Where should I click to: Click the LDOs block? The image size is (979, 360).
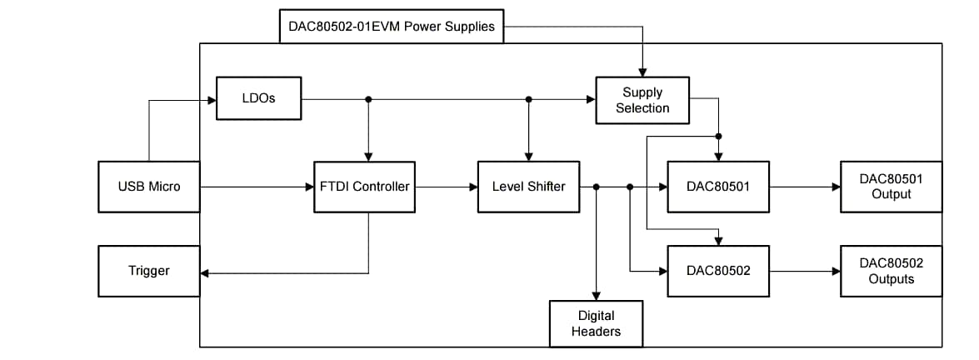258,98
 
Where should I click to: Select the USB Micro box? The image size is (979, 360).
149,187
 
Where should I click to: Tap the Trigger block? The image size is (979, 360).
149,271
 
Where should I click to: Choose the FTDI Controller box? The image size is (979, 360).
364,187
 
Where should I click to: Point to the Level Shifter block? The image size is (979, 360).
528,187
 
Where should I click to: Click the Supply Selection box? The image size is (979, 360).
642,100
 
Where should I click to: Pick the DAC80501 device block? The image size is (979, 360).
718,187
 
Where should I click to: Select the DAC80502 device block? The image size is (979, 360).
718,271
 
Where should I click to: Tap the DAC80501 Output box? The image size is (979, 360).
891,187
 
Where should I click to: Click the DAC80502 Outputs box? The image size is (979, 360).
891,271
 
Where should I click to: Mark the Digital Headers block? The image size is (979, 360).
596,323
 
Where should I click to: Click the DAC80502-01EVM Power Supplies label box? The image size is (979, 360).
391,27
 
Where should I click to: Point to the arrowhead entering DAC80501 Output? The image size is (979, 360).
836,187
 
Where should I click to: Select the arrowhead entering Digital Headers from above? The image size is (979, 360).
596,295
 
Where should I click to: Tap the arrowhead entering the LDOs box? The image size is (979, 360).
211,99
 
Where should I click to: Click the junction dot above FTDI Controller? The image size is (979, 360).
368,99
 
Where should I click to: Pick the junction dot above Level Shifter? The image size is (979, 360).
528,99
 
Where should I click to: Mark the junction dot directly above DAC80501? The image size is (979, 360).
718,135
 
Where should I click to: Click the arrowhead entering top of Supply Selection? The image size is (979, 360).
642,72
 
